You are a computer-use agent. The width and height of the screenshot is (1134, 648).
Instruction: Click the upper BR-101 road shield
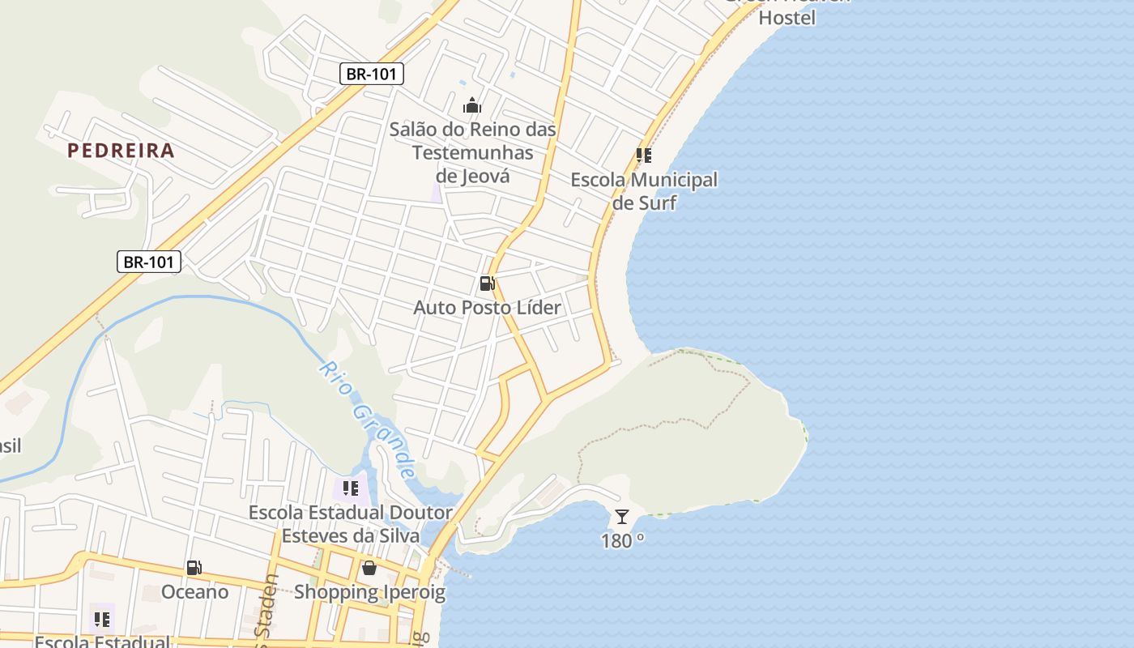pyautogui.click(x=371, y=75)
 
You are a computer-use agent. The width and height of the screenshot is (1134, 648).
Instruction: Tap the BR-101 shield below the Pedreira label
pyautogui.click(x=149, y=262)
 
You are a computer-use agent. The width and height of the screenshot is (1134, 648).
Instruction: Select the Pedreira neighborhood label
pyautogui.click(x=121, y=150)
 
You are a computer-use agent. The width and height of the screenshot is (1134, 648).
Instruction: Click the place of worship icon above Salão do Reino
pyautogui.click(x=471, y=105)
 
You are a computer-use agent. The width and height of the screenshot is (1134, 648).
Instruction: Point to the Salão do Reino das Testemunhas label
pyautogui.click(x=473, y=152)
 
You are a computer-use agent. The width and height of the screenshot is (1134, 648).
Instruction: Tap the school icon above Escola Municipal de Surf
pyautogui.click(x=644, y=155)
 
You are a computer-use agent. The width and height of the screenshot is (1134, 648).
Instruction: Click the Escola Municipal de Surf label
pyautogui.click(x=644, y=191)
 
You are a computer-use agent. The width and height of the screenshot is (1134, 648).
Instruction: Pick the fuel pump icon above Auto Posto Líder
pyautogui.click(x=487, y=283)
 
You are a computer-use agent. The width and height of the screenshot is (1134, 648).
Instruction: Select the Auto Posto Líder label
pyautogui.click(x=487, y=308)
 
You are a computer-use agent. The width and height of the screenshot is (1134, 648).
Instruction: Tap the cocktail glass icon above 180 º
pyautogui.click(x=621, y=517)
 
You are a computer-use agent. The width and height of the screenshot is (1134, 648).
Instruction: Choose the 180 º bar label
pyautogui.click(x=622, y=541)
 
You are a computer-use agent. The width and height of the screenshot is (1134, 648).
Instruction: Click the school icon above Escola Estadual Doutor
pyautogui.click(x=351, y=488)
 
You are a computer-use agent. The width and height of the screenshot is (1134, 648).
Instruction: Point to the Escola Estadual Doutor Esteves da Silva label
pyautogui.click(x=350, y=524)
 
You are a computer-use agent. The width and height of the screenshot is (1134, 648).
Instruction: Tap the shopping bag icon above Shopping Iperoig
pyautogui.click(x=369, y=567)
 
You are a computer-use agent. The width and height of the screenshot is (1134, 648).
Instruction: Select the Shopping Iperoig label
pyautogui.click(x=369, y=592)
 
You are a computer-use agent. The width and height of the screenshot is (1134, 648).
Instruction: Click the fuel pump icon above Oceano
pyautogui.click(x=194, y=568)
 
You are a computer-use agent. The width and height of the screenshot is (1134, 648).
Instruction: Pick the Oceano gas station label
pyautogui.click(x=194, y=592)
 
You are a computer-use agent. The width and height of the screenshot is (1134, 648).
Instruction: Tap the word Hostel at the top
pyautogui.click(x=787, y=17)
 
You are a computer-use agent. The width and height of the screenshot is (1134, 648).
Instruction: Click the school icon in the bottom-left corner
pyautogui.click(x=102, y=620)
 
